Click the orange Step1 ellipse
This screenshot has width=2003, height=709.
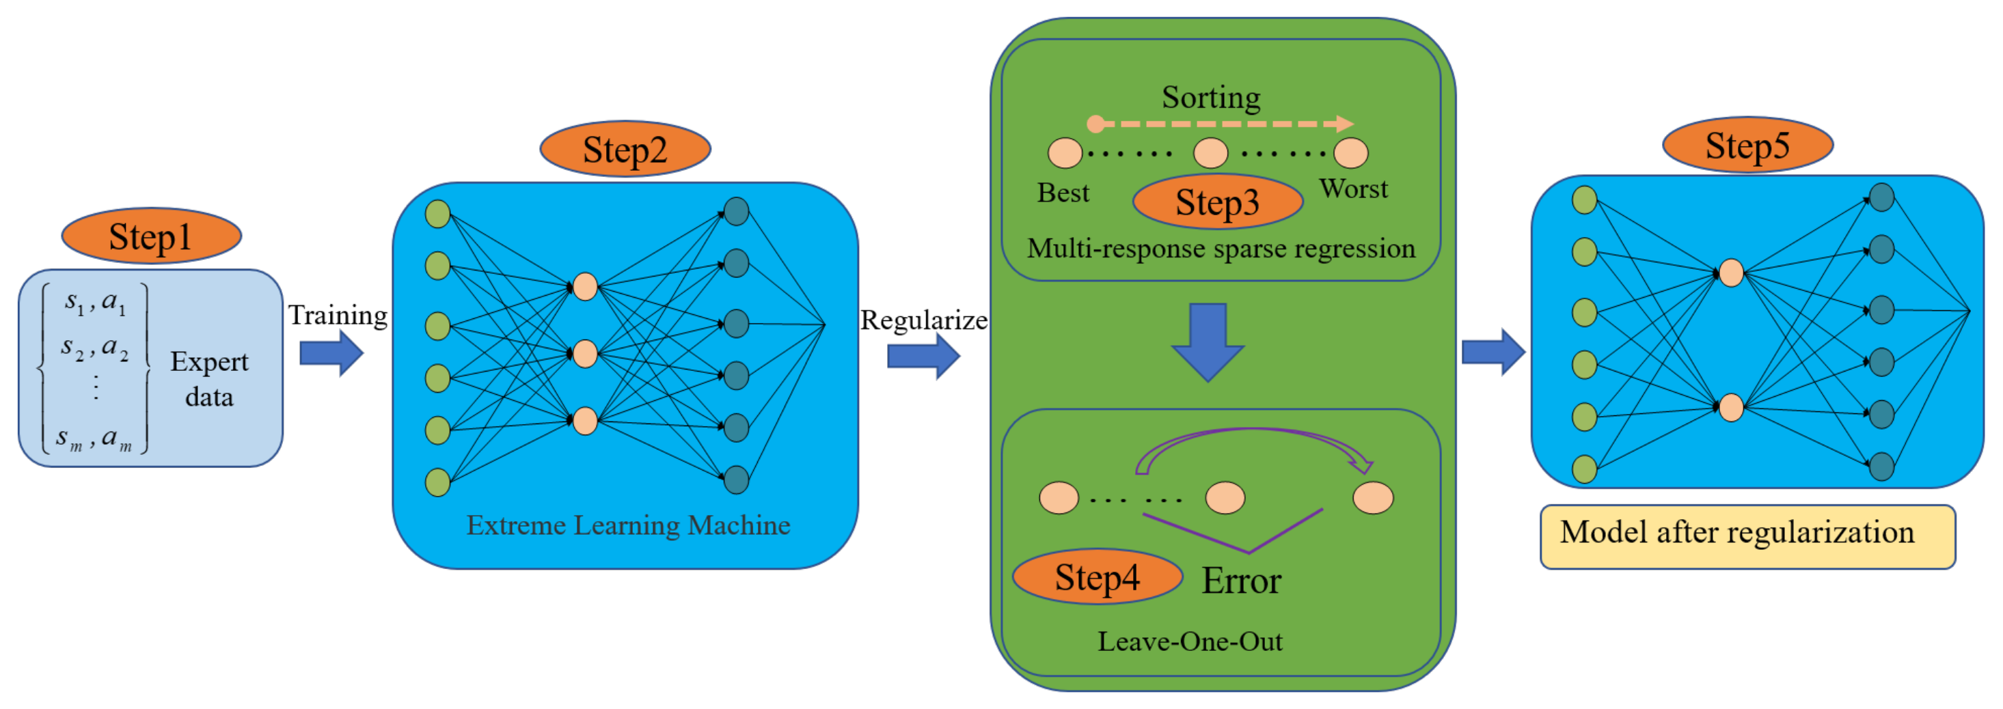pyautogui.click(x=151, y=236)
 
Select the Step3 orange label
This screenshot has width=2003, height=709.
pyautogui.click(x=1218, y=202)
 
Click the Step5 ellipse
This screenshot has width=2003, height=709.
pyautogui.click(x=1747, y=145)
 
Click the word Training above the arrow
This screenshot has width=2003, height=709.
pyautogui.click(x=338, y=316)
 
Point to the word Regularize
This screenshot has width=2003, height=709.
pyautogui.click(x=924, y=320)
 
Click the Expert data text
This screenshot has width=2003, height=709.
pyautogui.click(x=209, y=379)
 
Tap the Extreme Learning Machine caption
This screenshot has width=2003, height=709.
pyautogui.click(x=628, y=525)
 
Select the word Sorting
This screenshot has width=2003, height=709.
pyautogui.click(x=1211, y=98)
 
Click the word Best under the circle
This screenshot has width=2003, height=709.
pyautogui.click(x=1063, y=193)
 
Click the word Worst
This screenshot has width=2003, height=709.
pyautogui.click(x=1353, y=189)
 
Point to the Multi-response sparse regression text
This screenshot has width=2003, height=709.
pyautogui.click(x=1221, y=249)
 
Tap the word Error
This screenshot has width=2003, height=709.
pyautogui.click(x=1241, y=581)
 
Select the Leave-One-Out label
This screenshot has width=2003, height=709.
pyautogui.click(x=1190, y=641)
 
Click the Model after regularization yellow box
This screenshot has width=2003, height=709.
pyautogui.click(x=1747, y=536)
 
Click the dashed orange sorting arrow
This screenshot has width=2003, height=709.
pyautogui.click(x=1221, y=124)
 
